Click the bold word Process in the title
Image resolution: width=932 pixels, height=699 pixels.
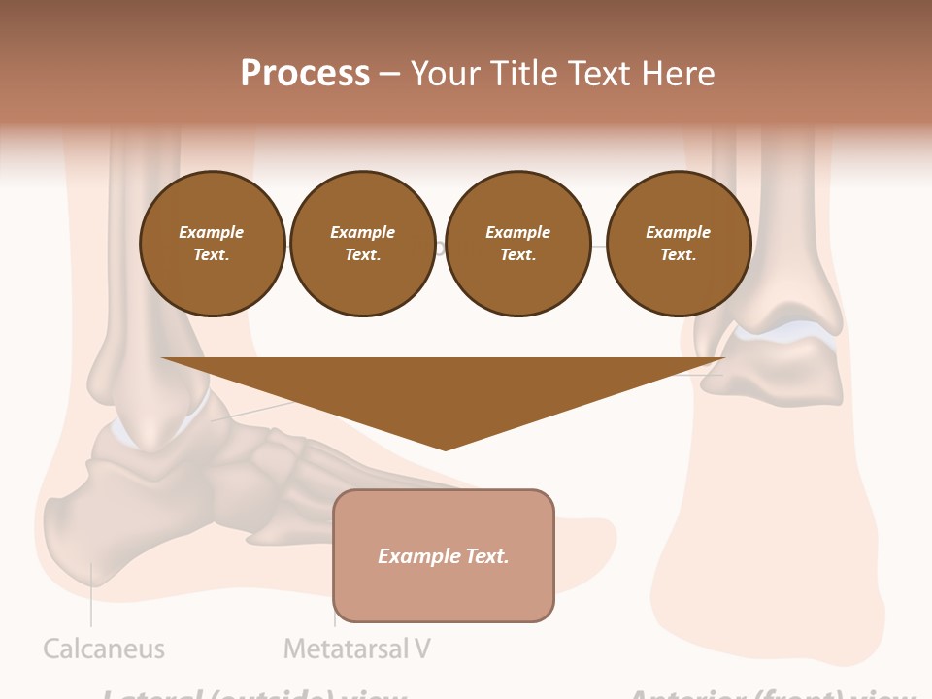coord(305,73)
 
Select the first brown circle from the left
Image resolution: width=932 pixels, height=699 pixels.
coord(212,244)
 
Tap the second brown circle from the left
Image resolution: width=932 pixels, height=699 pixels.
coord(362,244)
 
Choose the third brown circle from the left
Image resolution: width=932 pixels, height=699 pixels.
coord(517,244)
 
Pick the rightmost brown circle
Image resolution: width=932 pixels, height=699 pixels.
coord(678,244)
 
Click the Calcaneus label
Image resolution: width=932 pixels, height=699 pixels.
coord(104,649)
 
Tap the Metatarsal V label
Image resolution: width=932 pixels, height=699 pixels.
coord(356,649)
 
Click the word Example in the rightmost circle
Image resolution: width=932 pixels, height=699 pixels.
coord(678,232)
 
